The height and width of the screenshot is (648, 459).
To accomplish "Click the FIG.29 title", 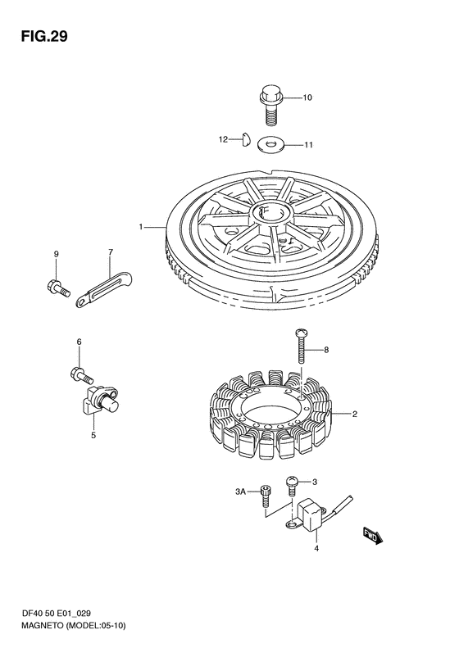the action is [x=44, y=37].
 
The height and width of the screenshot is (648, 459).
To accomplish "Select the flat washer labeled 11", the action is [x=270, y=144].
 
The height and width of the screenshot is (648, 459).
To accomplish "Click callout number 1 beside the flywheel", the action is [x=141, y=226].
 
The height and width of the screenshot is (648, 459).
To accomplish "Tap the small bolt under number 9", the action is [x=58, y=288].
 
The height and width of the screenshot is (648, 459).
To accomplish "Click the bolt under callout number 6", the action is [x=82, y=375].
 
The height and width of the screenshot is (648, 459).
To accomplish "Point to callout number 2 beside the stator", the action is [x=354, y=414].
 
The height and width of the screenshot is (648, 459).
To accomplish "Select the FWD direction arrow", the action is [x=374, y=536].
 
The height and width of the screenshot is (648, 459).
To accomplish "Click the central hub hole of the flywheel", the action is [x=271, y=214].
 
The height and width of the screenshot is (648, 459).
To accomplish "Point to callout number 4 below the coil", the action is [x=316, y=548].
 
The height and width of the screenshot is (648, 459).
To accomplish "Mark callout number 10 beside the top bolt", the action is [x=307, y=97].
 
